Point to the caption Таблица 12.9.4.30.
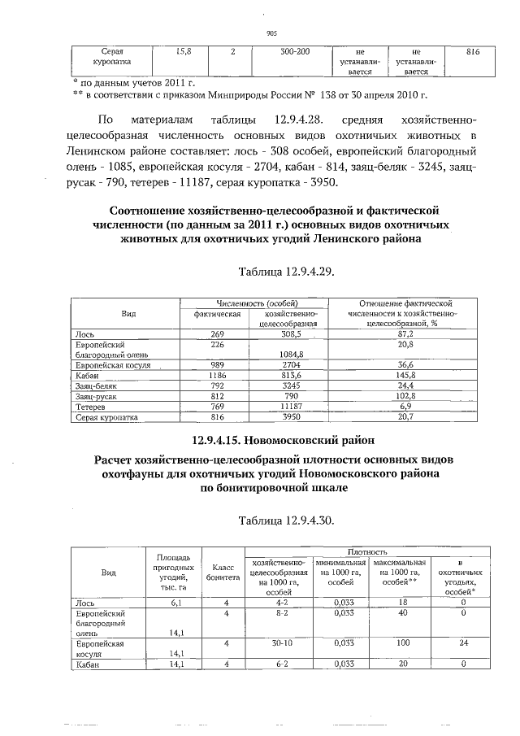click(284, 519)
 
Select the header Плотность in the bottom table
click(367, 552)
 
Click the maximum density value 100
click(399, 642)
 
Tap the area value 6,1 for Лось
click(175, 603)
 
